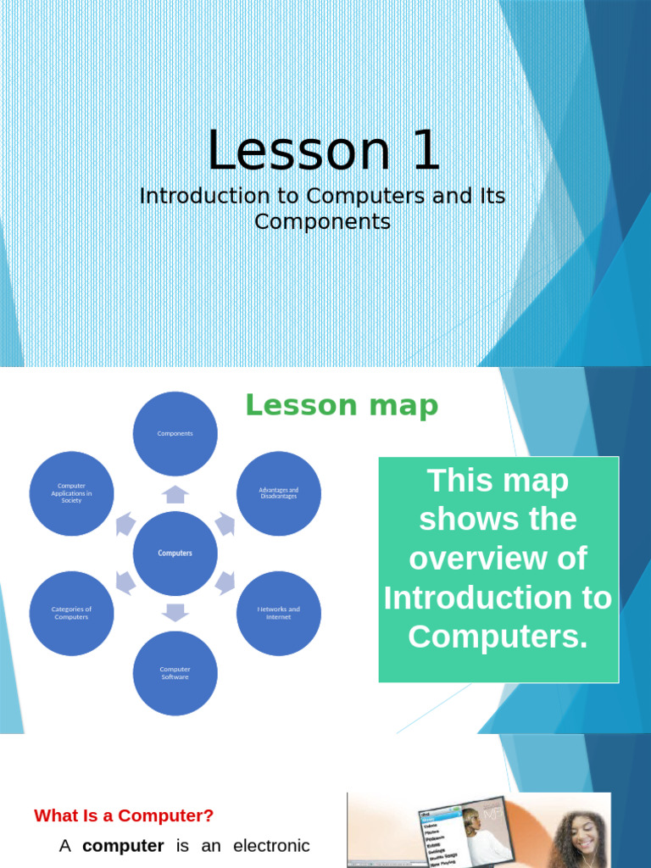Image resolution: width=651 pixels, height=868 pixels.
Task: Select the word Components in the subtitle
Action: point(322,222)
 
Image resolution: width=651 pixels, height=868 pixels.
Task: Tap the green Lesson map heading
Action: point(342,406)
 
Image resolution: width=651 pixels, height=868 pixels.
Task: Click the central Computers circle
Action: point(175,554)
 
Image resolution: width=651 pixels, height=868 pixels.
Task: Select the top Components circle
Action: point(175,433)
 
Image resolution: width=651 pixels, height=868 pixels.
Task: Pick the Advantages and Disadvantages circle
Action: point(278,493)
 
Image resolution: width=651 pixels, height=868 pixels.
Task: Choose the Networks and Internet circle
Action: point(278,613)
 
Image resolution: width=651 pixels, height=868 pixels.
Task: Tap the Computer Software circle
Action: point(175,673)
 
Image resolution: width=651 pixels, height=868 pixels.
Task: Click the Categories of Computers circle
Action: point(71,613)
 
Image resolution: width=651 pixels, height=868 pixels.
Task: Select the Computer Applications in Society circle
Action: point(71,493)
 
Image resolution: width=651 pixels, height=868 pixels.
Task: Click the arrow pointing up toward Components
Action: point(175,494)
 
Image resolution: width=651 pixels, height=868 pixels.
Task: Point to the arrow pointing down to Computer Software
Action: point(175,612)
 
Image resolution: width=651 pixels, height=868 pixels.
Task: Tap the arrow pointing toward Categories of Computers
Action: point(125,582)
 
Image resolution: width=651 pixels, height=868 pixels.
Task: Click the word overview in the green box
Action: point(498,559)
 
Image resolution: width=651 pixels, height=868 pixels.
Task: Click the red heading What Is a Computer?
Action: point(124,816)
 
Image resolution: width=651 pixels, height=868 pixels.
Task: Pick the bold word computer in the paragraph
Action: point(123,846)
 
